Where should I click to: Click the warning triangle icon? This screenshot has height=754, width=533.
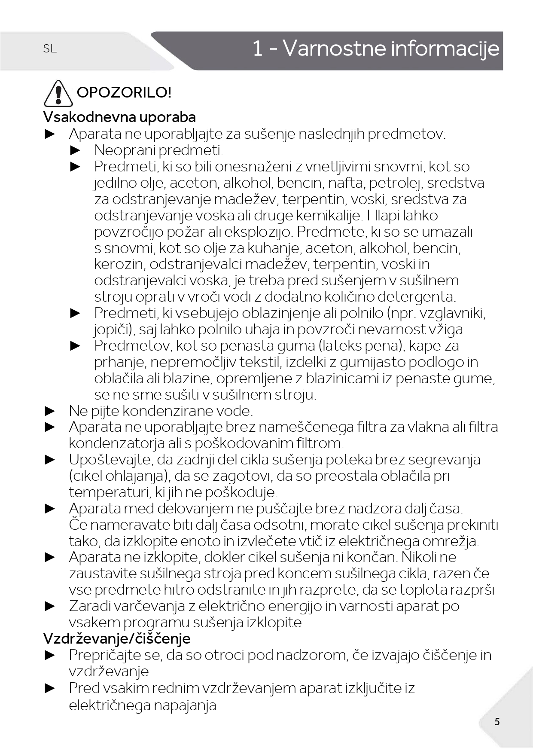point(58,93)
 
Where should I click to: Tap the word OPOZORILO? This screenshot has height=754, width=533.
point(124,92)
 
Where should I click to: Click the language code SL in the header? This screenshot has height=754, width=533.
point(50,49)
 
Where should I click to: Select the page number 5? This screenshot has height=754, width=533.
point(497,721)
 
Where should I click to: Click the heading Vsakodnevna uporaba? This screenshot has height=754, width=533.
point(119,117)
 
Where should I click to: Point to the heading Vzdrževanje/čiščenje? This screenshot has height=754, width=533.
point(117,638)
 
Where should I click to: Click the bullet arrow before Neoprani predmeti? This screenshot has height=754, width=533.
point(76,150)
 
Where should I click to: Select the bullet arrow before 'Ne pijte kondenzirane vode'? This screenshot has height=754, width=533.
point(50,411)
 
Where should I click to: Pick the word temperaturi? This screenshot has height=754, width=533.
point(109,492)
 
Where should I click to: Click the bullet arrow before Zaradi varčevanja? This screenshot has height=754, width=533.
point(50,606)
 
